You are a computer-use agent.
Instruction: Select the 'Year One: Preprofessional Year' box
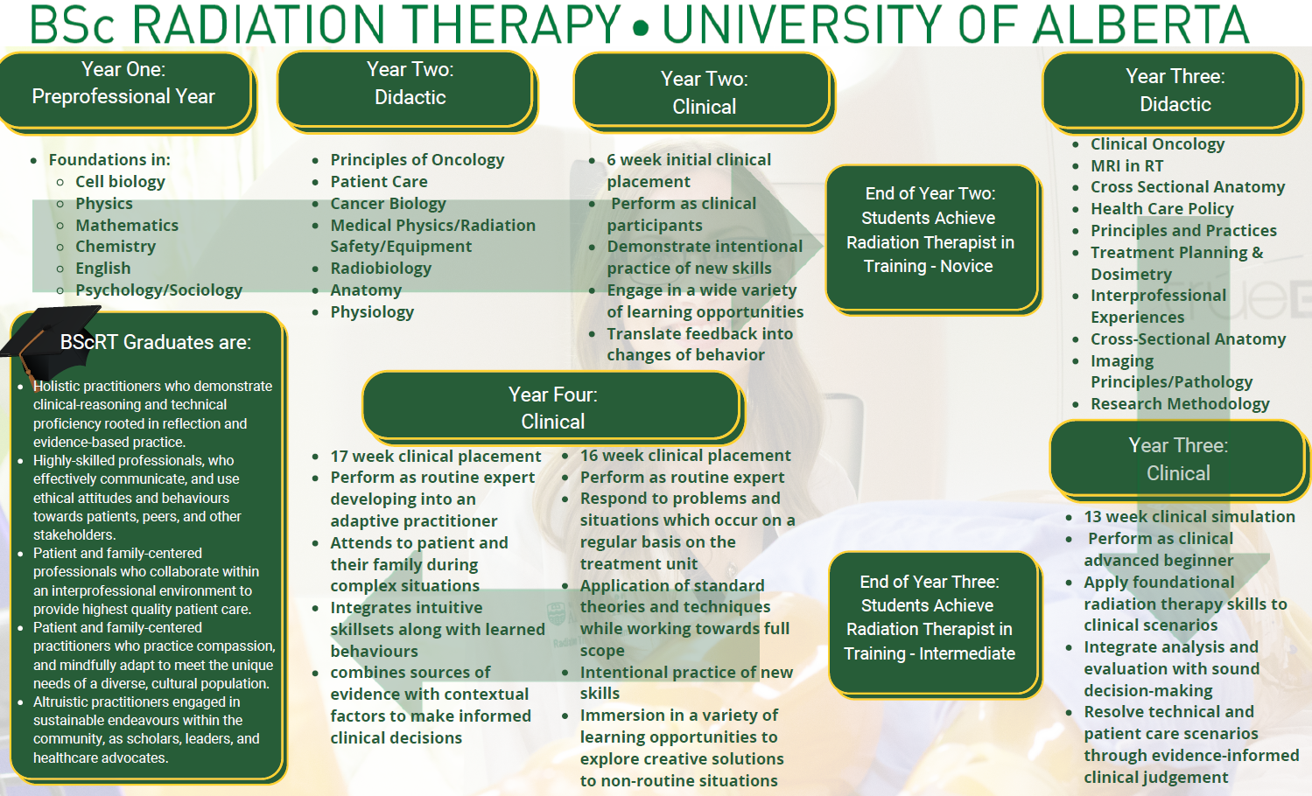click(x=126, y=92)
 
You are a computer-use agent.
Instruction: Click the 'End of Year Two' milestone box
click(x=932, y=240)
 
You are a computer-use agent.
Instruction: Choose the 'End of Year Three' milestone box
click(x=934, y=624)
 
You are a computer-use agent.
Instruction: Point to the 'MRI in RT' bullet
click(x=1127, y=165)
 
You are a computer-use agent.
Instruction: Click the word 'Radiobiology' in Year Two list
click(x=381, y=268)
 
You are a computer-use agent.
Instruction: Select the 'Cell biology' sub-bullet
click(x=120, y=181)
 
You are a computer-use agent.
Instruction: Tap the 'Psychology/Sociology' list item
click(x=158, y=290)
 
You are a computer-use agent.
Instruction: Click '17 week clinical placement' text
click(x=436, y=456)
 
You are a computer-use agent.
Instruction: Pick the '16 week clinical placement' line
click(x=685, y=456)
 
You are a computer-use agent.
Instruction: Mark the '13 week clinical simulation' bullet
click(x=1189, y=516)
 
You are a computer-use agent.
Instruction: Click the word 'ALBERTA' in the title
click(x=1140, y=24)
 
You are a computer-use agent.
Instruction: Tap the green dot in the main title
click(x=642, y=27)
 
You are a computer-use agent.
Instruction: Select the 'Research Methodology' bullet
click(x=1180, y=404)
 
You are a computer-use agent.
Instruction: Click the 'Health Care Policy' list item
click(x=1162, y=208)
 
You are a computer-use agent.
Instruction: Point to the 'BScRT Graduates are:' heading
click(x=156, y=342)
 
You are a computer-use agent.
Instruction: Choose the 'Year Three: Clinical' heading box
click(x=1178, y=460)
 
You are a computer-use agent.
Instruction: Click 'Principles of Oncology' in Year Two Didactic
click(x=417, y=160)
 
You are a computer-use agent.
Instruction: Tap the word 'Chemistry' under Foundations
click(x=116, y=247)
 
